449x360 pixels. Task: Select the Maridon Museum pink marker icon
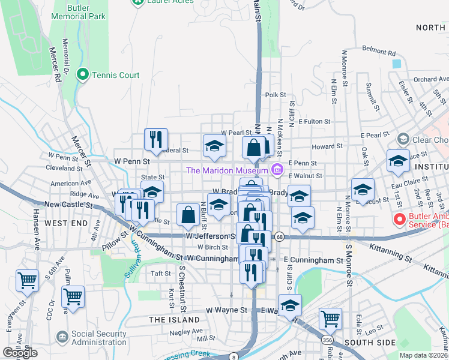[x=277, y=170]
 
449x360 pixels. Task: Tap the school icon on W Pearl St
[x=214, y=146]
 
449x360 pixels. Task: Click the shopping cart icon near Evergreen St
[x=27, y=280]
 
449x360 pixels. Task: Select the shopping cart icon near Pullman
[x=73, y=296]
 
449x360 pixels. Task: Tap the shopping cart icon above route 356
[x=330, y=318]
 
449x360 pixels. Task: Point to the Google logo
[x=20, y=353]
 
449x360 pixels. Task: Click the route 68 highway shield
[x=280, y=236]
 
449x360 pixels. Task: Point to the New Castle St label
[x=68, y=205]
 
